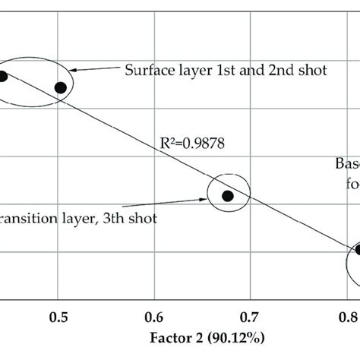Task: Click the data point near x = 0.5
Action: [62, 87]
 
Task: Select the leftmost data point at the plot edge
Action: [3, 75]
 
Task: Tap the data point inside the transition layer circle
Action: [227, 195]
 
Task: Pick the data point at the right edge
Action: [358, 250]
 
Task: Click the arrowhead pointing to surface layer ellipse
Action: [78, 71]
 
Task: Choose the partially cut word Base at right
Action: [346, 163]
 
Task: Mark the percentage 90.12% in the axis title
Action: [231, 334]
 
